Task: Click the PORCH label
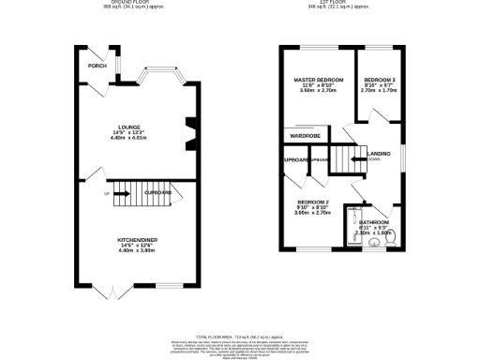96,67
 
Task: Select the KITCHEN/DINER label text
137,240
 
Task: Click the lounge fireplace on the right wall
191,132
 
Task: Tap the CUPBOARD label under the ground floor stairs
157,192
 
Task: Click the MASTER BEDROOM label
319,79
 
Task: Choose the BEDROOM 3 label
380,79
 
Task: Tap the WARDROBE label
306,135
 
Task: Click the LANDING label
379,153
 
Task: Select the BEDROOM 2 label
313,202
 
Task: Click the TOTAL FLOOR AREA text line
240,335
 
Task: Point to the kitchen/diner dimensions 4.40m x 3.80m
137,251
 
